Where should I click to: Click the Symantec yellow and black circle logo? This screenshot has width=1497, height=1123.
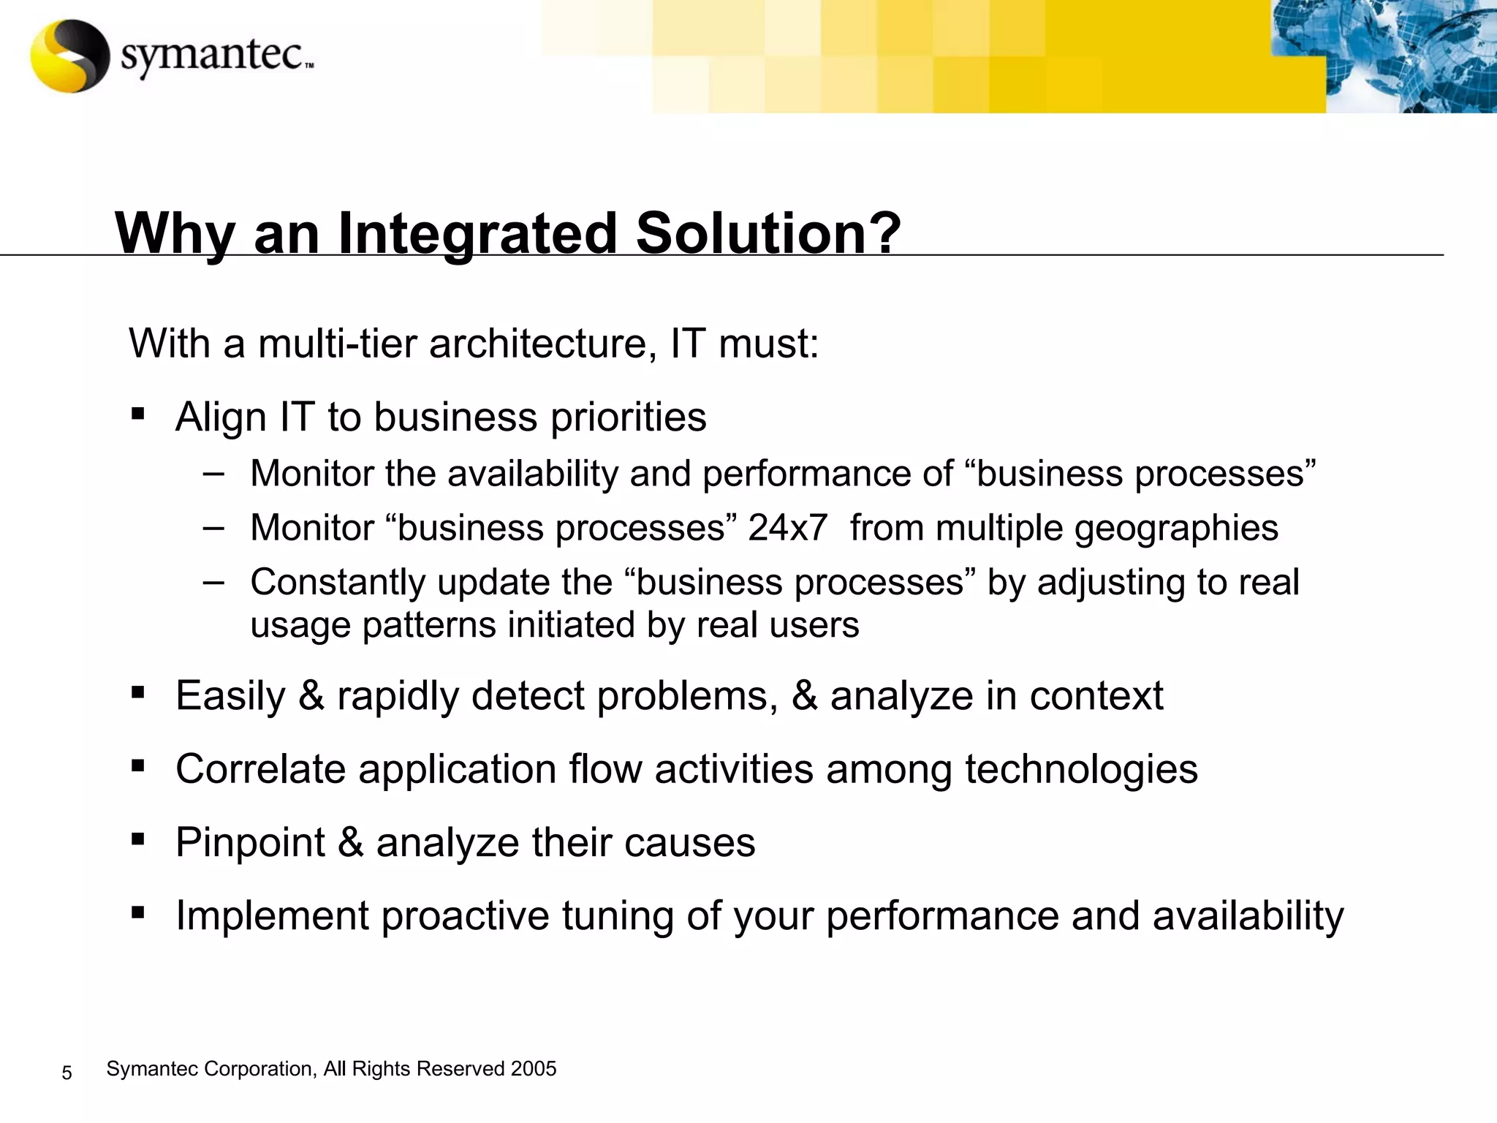tap(70, 56)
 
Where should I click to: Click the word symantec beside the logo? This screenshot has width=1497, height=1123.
tap(212, 55)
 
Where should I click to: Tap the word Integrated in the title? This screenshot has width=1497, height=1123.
tap(477, 234)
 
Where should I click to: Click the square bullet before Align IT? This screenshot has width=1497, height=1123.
tap(137, 415)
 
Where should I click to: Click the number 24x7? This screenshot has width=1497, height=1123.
tap(787, 528)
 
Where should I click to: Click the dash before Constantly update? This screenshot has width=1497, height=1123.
tap(214, 582)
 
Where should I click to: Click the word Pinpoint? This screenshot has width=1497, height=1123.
tap(250, 842)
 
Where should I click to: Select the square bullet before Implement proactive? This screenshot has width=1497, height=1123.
tap(137, 912)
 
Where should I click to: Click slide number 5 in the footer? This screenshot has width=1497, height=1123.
tap(67, 1073)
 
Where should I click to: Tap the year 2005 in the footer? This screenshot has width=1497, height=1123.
tap(534, 1069)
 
